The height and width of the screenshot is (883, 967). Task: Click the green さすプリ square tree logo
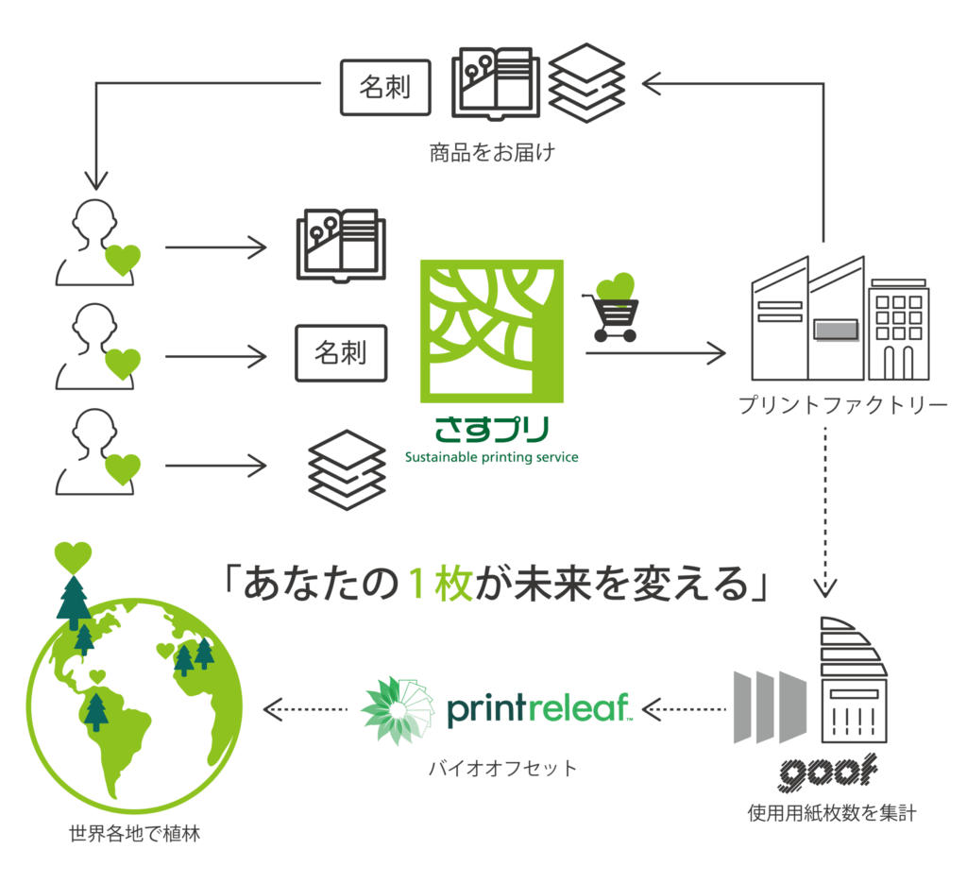(491, 331)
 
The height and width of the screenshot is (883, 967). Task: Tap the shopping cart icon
(611, 317)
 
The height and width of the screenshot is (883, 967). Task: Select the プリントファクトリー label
(843, 405)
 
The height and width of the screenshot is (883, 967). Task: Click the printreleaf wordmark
(539, 709)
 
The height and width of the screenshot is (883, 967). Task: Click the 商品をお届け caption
(492, 152)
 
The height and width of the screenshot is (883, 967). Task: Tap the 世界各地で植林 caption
(134, 834)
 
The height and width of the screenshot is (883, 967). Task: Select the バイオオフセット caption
(502, 769)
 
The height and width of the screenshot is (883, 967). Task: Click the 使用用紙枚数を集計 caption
(832, 813)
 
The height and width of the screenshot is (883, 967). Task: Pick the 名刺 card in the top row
(385, 87)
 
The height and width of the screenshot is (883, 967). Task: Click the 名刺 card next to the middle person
(341, 353)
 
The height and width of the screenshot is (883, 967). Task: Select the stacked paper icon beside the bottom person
(348, 470)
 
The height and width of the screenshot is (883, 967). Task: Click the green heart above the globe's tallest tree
(73, 557)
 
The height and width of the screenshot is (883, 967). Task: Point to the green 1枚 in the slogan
(440, 584)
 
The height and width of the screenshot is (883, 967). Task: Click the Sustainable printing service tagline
(491, 457)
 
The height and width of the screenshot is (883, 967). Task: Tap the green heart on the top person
(123, 260)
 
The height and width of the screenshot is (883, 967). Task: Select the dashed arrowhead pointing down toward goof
(825, 587)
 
